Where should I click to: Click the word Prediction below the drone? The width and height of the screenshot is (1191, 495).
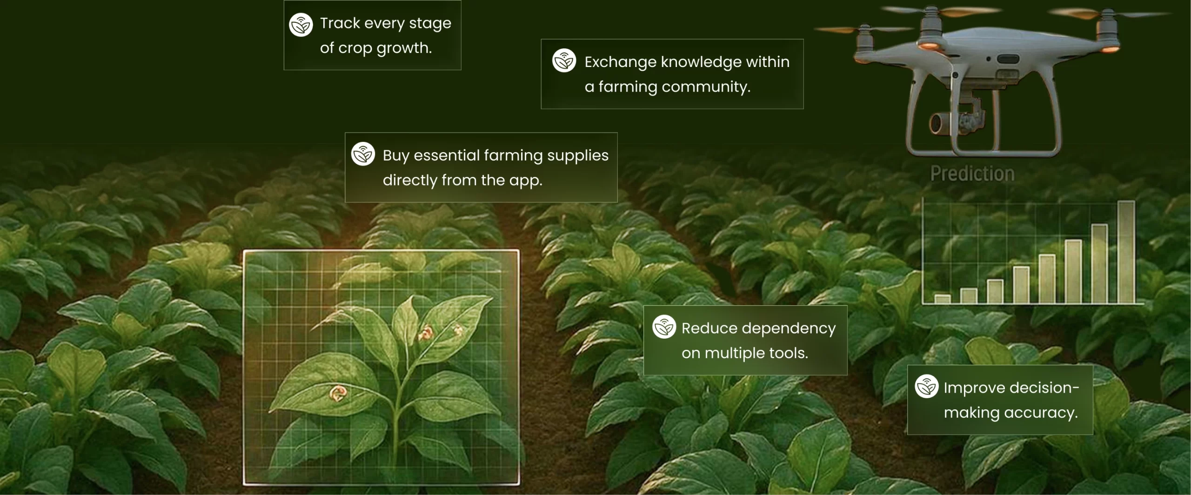972,174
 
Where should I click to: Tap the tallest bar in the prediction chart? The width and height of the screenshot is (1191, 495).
1126,252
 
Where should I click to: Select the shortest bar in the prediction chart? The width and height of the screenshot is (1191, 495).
943,299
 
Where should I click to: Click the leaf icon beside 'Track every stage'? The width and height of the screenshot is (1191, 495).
301,25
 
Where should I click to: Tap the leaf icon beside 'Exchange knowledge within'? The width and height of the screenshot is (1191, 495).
564,60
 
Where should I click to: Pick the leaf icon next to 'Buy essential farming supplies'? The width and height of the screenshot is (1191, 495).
363,154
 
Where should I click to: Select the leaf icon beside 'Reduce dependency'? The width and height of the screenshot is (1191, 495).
664,327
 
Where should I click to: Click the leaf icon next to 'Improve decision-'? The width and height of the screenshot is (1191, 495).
927,386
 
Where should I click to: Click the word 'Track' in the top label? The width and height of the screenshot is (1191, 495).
340,23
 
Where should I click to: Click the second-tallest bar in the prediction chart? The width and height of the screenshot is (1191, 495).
1100,264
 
